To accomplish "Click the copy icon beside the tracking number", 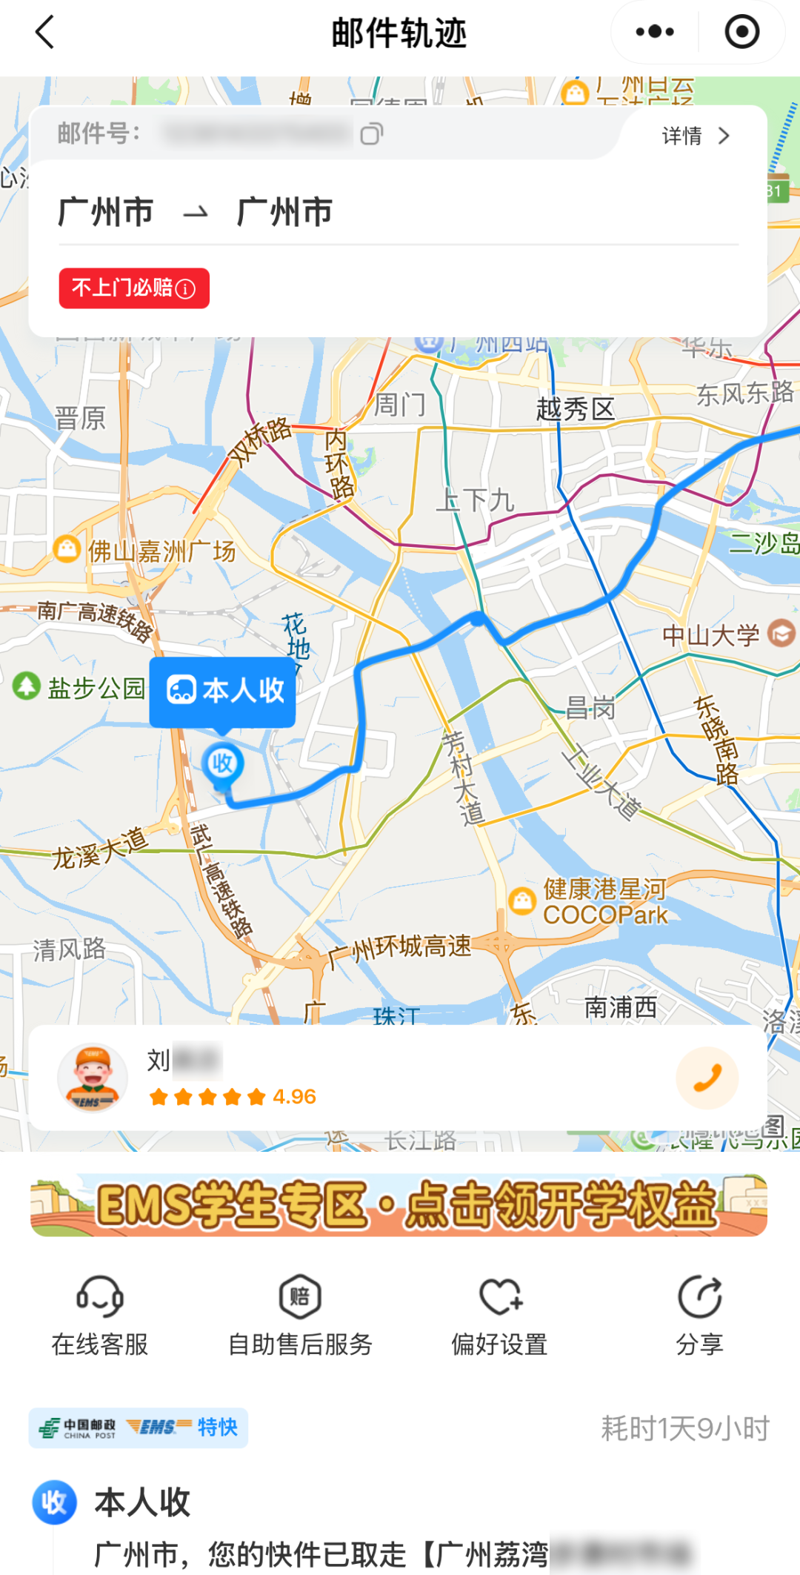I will [371, 134].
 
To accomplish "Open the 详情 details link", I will [696, 136].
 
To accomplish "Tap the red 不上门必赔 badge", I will [134, 288].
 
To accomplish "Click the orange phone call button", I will [707, 1078].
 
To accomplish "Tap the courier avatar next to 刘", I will [93, 1078].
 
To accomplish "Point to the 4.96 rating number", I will [294, 1097].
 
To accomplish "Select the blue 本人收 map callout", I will [223, 691].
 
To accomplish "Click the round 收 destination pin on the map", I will [222, 764].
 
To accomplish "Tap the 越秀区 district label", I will [576, 409].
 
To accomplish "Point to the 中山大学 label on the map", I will [711, 635].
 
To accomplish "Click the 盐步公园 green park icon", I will [27, 686].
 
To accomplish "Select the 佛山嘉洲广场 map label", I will [161, 551].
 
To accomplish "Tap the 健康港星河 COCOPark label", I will [605, 901].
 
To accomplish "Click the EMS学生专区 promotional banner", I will [399, 1205].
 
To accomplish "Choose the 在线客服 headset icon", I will [100, 1297].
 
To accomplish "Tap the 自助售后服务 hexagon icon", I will [300, 1297].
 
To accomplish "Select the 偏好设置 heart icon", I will [500, 1297].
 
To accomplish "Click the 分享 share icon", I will [699, 1297].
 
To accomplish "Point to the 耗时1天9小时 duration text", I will [685, 1428].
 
